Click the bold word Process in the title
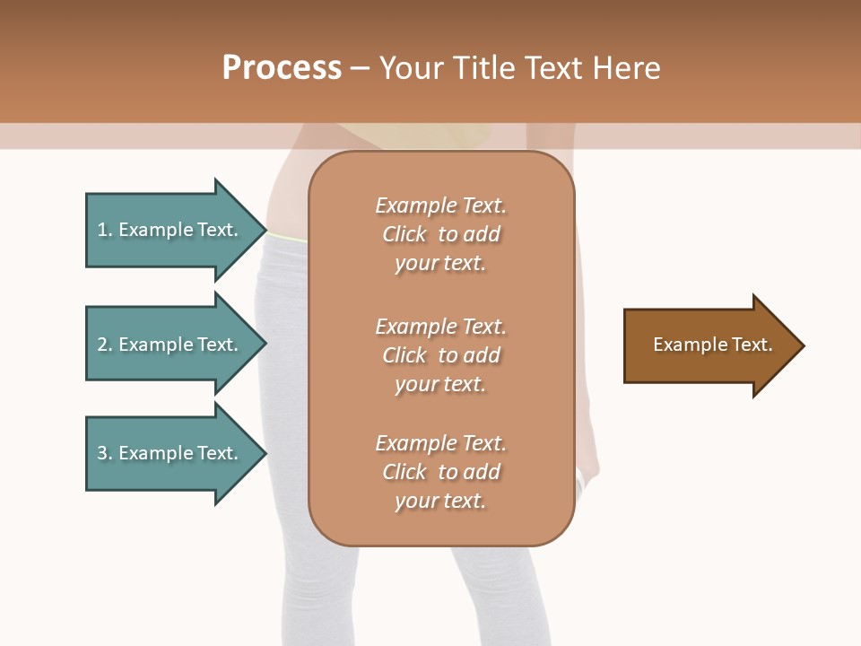pyautogui.click(x=282, y=68)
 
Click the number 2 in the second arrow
pyautogui.click(x=102, y=345)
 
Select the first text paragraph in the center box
pyautogui.click(x=440, y=234)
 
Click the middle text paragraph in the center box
pyautogui.click(x=440, y=355)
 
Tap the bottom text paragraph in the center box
pyautogui.click(x=440, y=472)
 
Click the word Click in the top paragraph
pyautogui.click(x=404, y=234)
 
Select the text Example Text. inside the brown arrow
pyautogui.click(x=712, y=345)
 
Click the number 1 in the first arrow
pyautogui.click(x=102, y=230)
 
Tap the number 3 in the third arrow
pyautogui.click(x=102, y=453)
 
